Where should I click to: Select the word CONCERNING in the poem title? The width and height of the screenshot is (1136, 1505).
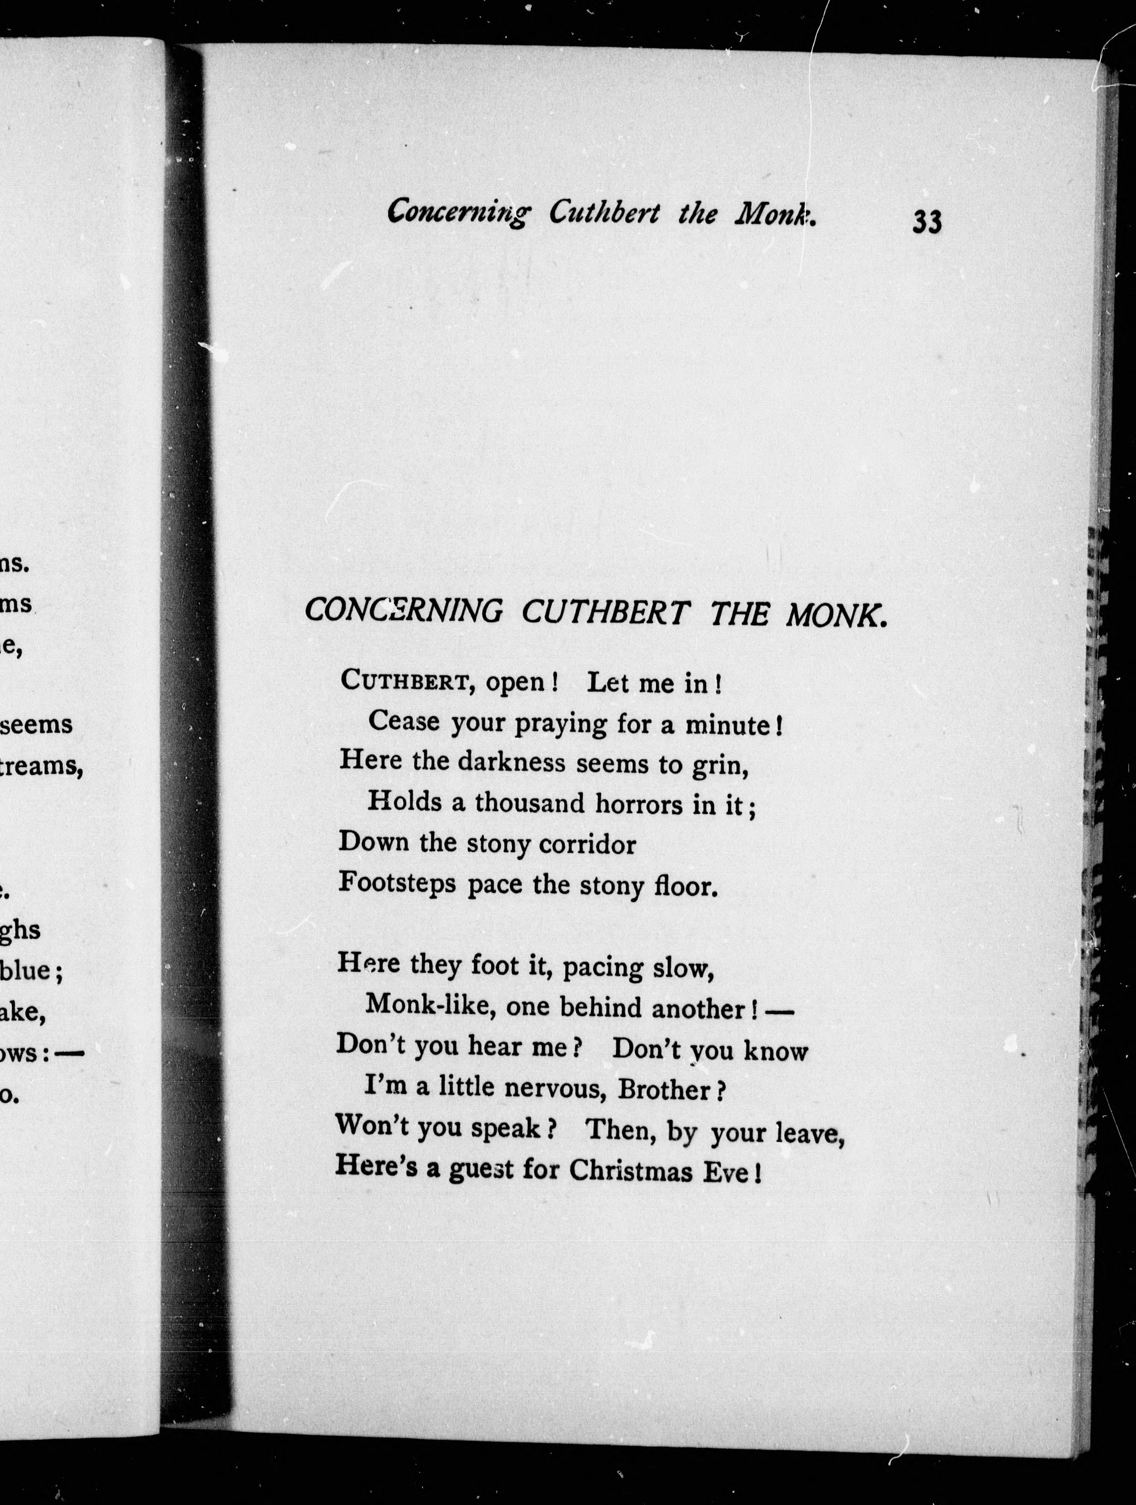(403, 610)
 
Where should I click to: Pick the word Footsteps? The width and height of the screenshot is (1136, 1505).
(397, 883)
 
